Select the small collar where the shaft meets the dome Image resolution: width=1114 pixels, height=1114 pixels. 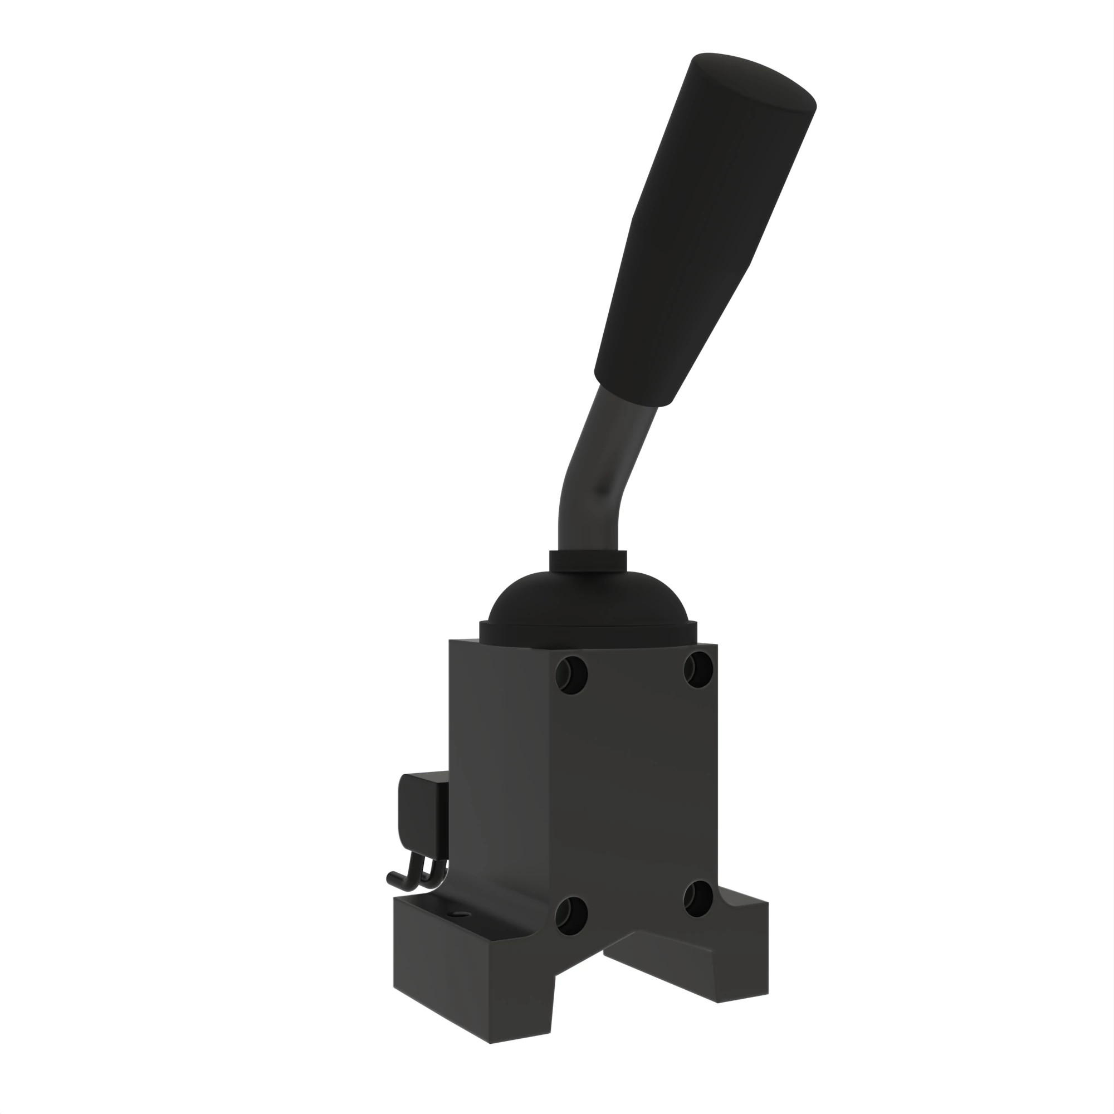click(x=588, y=561)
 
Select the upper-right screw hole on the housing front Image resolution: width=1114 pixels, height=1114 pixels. click(x=699, y=669)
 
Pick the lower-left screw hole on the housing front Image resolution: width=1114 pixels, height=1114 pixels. click(x=571, y=913)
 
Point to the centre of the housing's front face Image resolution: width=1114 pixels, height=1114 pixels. click(x=634, y=790)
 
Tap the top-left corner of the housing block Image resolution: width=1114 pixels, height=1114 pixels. click(x=450, y=641)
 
